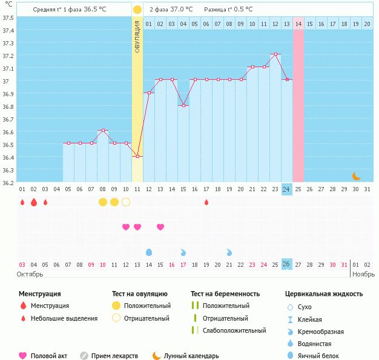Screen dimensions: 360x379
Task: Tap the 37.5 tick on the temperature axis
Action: [8, 17]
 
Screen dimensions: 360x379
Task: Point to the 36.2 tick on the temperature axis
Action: [8, 182]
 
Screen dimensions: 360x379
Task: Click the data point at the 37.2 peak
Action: [275, 54]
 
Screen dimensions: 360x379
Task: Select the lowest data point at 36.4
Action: [137, 156]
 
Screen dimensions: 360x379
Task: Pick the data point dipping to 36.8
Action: [183, 105]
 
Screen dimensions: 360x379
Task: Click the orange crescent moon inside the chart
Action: [356, 176]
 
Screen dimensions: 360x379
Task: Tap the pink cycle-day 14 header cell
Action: [298, 24]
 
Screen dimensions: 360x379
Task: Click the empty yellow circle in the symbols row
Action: [126, 201]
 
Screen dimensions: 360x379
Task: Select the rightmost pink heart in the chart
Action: [160, 227]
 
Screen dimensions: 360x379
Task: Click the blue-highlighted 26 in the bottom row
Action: [287, 264]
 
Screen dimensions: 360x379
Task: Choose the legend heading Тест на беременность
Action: [225, 293]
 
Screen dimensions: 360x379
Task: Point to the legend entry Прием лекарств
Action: [114, 356]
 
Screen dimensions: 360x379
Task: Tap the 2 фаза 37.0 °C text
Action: [171, 9]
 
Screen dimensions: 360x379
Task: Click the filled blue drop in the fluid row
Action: [149, 252]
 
